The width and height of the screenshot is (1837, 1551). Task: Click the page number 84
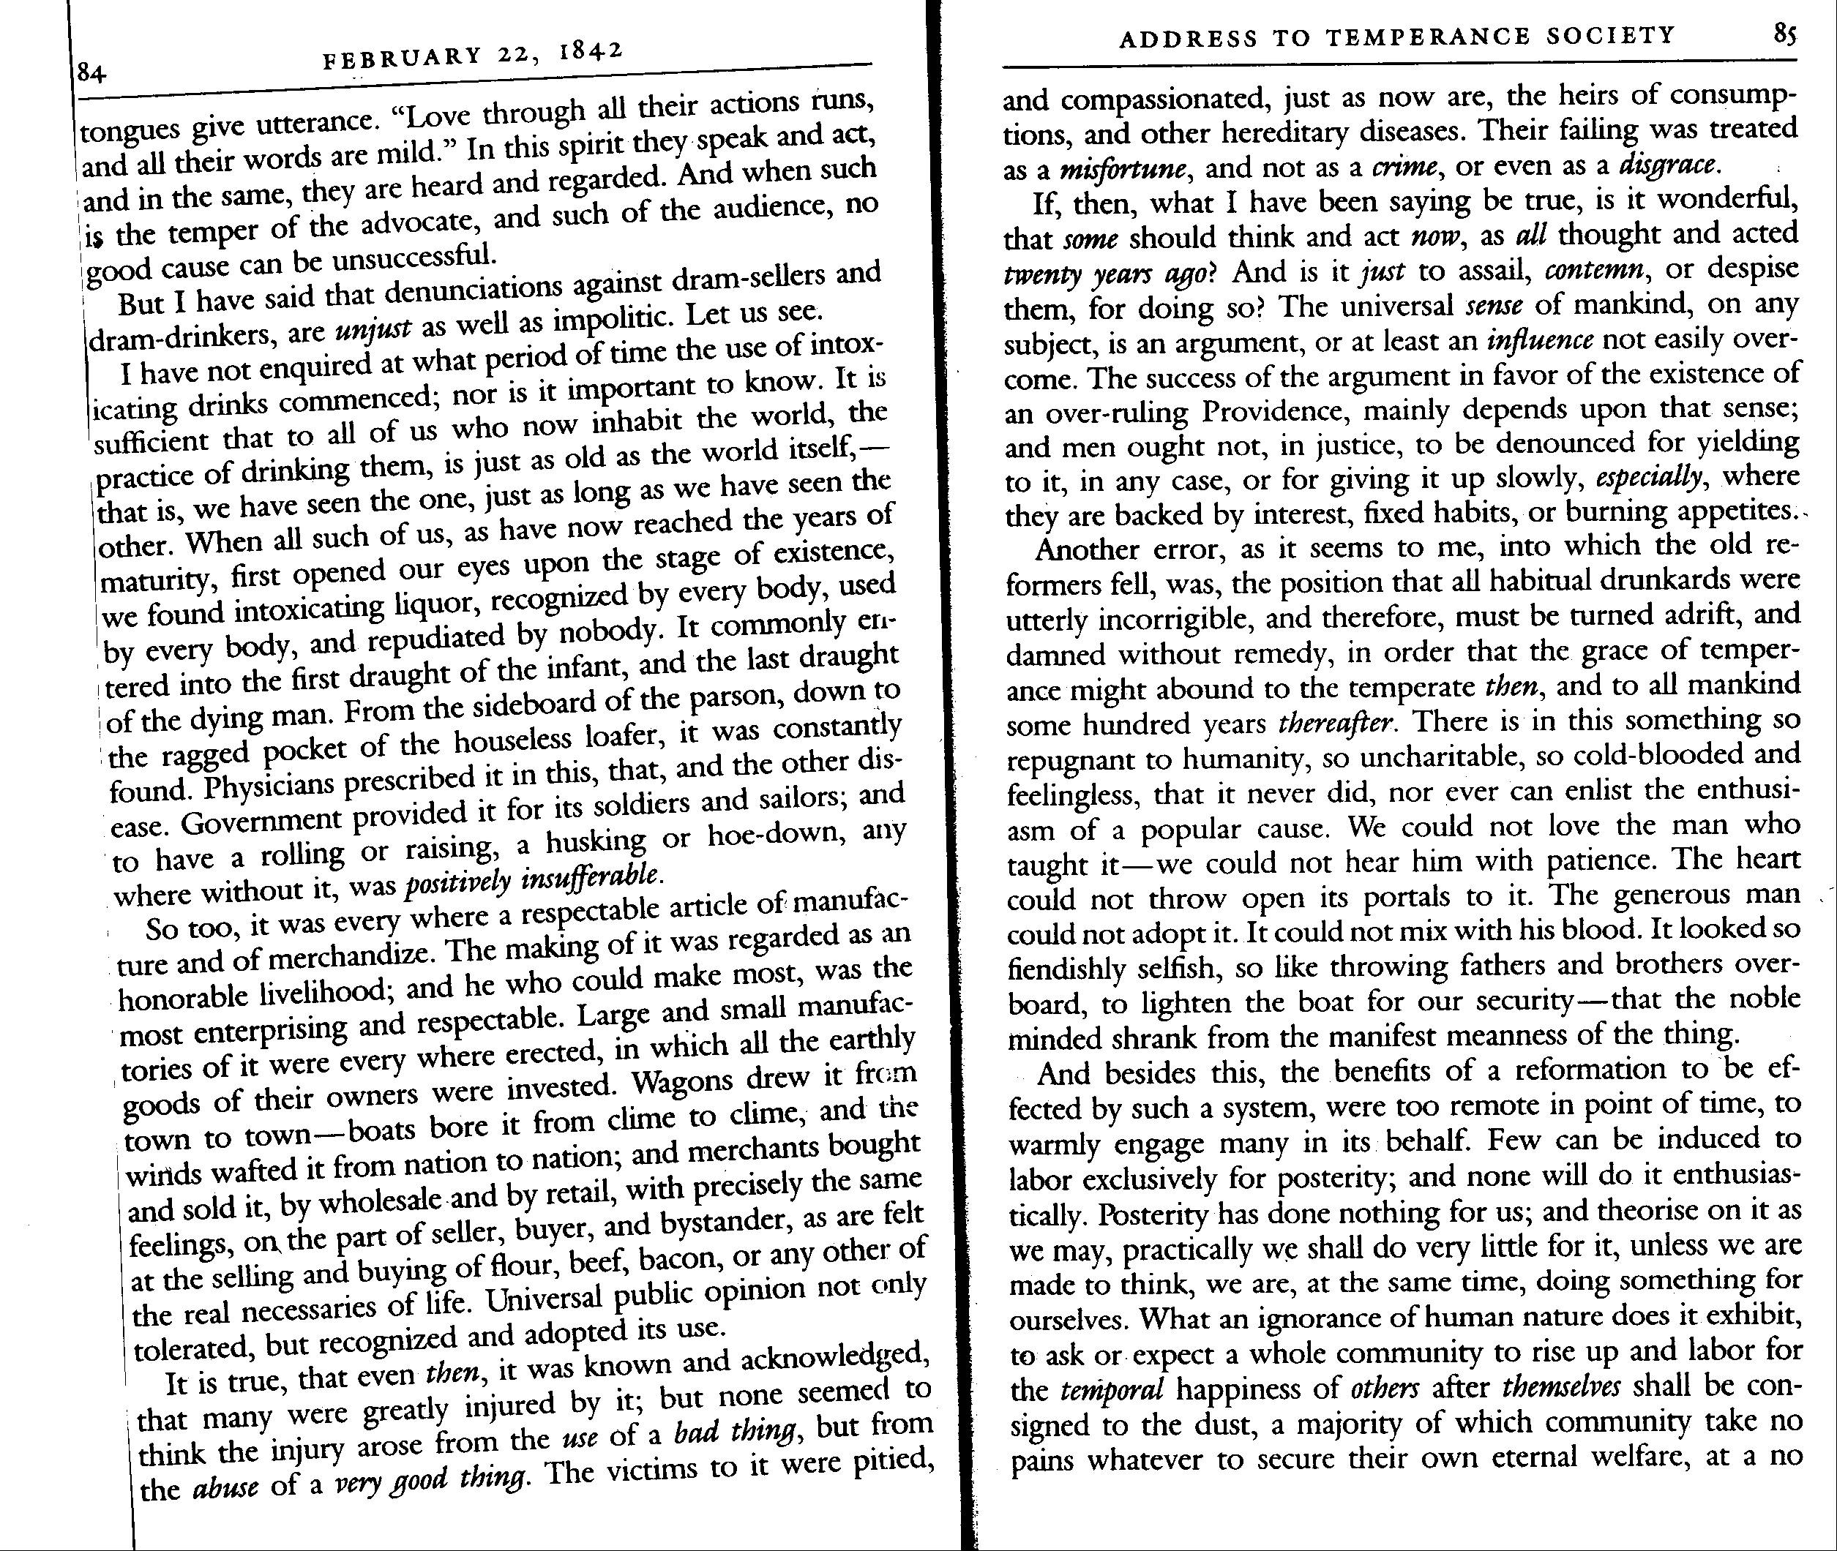click(x=91, y=73)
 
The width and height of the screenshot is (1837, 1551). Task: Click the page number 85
click(x=1784, y=34)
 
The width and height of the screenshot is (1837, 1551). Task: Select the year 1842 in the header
click(x=591, y=50)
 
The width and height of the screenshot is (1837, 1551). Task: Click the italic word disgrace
click(x=1666, y=165)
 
